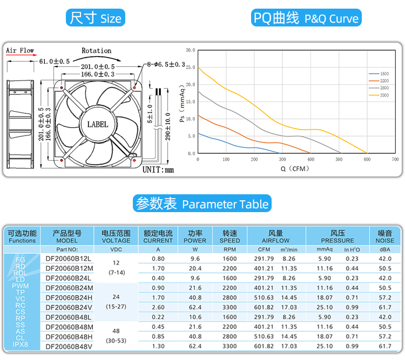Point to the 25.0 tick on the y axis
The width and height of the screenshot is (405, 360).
click(x=190, y=67)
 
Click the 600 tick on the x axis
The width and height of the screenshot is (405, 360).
click(x=367, y=160)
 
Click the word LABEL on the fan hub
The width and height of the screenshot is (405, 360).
click(x=98, y=124)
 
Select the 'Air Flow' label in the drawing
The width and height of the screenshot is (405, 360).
click(x=20, y=51)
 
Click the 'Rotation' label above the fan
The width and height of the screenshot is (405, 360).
click(x=97, y=51)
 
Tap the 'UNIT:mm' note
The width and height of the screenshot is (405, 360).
click(x=158, y=170)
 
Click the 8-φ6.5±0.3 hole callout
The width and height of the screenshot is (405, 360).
click(x=166, y=65)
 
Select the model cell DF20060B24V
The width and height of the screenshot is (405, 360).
click(x=69, y=307)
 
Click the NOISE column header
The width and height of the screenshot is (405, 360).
click(x=385, y=237)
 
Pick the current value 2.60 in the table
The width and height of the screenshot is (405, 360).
click(x=158, y=307)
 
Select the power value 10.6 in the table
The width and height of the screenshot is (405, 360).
click(x=195, y=317)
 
